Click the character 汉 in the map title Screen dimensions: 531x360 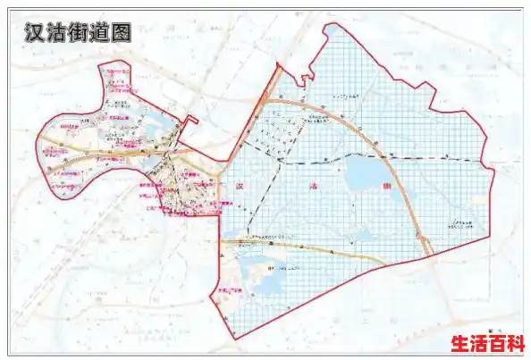[x=33, y=33]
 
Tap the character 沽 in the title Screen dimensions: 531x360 [x=58, y=33]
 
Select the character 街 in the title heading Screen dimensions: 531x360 [x=83, y=33]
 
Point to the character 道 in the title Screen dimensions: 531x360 [x=107, y=33]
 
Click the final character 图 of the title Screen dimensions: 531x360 [x=130, y=33]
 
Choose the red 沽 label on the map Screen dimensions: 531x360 [x=312, y=188]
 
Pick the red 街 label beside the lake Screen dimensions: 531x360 [x=386, y=188]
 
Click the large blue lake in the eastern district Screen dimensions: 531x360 [x=364, y=170]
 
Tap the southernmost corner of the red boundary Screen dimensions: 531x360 [x=235, y=338]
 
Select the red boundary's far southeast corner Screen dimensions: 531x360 [x=491, y=236]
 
